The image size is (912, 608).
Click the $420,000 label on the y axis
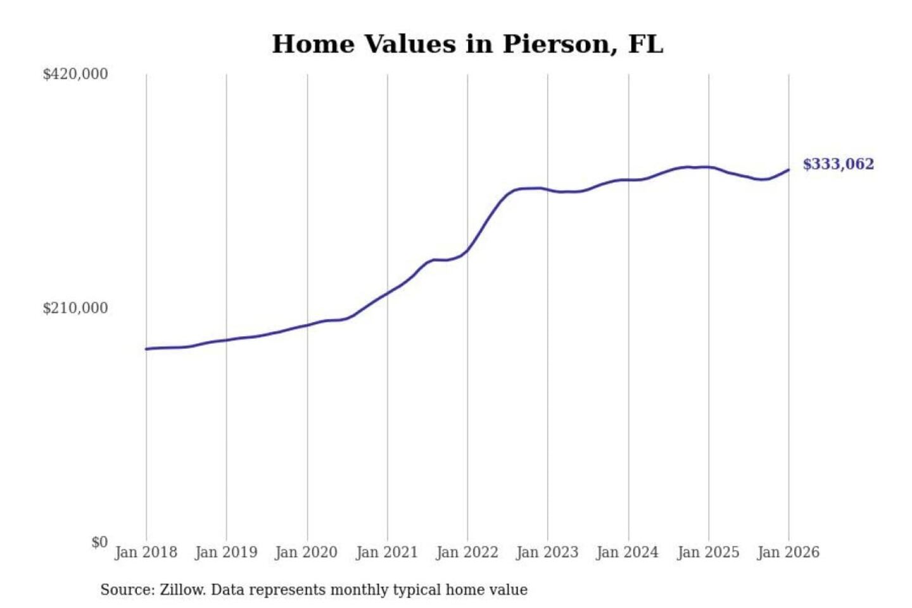click(75, 74)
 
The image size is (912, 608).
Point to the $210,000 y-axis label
click(75, 308)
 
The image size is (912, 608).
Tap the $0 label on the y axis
click(99, 542)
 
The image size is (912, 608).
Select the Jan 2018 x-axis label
click(146, 552)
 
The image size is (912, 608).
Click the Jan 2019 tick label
click(226, 552)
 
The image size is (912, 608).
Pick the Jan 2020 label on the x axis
click(307, 552)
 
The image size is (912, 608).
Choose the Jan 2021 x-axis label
click(387, 552)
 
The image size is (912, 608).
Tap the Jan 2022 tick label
click(467, 552)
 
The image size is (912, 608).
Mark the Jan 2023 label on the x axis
click(548, 552)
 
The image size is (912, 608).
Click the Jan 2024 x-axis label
click(628, 552)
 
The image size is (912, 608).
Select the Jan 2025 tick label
click(708, 552)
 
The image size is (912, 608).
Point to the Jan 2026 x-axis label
click(788, 552)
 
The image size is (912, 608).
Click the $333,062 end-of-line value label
click(838, 164)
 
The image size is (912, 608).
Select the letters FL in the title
click(645, 44)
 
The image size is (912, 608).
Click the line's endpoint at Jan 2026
click(788, 170)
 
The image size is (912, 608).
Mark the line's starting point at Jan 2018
click(146, 349)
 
